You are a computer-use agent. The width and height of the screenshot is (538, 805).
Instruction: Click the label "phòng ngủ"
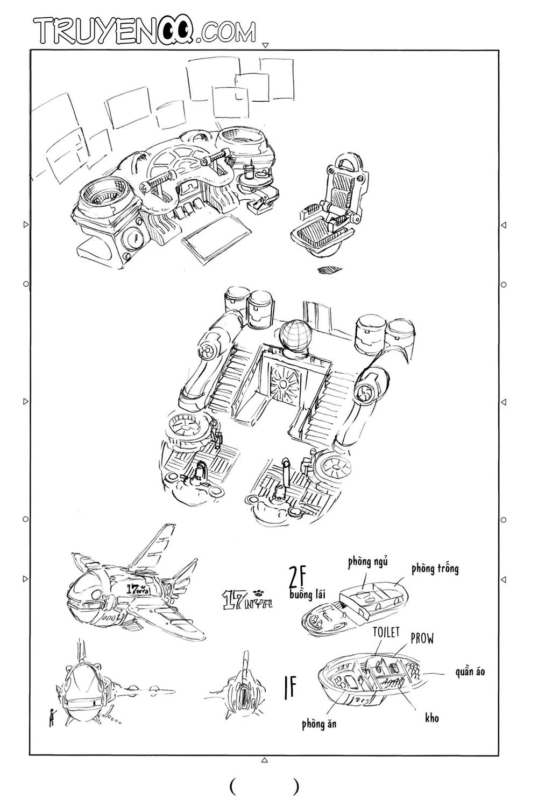point(367,562)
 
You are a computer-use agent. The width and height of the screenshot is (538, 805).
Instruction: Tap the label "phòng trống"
point(435,569)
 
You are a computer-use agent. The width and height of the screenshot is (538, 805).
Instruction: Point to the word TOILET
point(386,632)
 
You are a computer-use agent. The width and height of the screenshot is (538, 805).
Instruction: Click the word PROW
point(422,639)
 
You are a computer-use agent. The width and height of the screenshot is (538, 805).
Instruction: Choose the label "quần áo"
point(470,671)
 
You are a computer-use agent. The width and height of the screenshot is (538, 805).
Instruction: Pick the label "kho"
point(431,718)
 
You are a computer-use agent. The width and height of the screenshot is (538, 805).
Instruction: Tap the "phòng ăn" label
point(319,724)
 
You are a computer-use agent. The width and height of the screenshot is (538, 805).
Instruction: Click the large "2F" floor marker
point(298,577)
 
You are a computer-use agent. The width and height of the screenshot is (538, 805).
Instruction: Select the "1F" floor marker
point(290,688)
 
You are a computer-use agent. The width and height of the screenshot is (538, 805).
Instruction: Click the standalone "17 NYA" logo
point(247,599)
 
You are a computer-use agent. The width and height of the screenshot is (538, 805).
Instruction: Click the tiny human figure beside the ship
point(52,717)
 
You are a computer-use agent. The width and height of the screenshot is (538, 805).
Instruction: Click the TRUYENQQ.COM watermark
point(144,31)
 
